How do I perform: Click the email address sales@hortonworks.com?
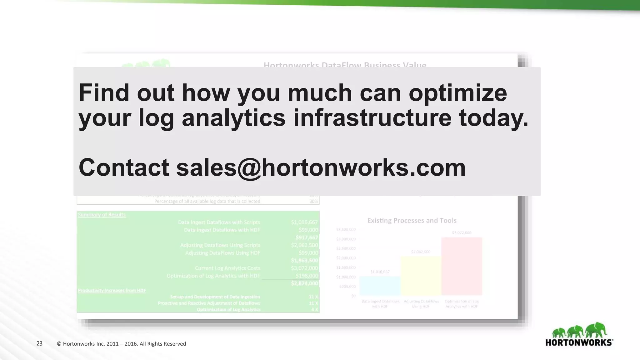[321, 168]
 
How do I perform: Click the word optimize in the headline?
[458, 93]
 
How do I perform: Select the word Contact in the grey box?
[124, 167]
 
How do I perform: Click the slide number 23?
[39, 344]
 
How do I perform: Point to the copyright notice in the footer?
[122, 344]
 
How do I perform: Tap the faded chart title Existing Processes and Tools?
[412, 221]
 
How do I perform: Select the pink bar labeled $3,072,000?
[462, 266]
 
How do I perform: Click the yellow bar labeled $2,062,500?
[421, 276]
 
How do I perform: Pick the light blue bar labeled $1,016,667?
[380, 286]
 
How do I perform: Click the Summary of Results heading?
[102, 215]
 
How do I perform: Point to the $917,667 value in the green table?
[307, 237]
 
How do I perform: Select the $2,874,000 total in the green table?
[304, 283]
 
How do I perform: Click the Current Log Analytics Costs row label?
[227, 268]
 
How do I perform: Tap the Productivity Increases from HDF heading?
[112, 291]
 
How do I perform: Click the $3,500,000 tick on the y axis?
[346, 230]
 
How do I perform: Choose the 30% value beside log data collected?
[313, 202]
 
